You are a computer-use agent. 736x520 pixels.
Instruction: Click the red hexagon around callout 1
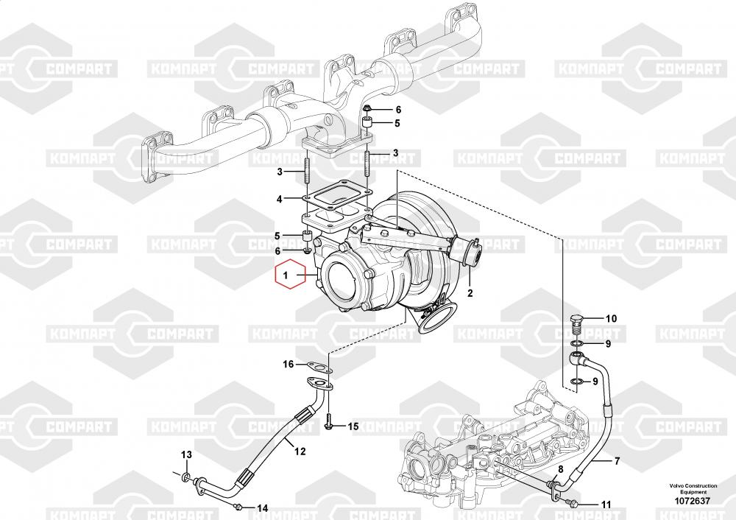(289, 277)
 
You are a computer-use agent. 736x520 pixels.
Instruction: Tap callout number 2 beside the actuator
(470, 292)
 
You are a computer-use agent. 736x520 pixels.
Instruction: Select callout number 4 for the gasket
(280, 199)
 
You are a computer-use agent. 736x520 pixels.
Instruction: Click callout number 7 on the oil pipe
(617, 461)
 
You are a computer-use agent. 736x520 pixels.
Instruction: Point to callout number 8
(560, 469)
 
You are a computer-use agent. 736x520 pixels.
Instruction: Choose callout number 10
(611, 319)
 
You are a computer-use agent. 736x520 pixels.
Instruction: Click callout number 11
(606, 505)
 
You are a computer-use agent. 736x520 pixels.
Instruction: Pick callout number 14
(263, 507)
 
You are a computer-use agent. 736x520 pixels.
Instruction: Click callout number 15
(353, 426)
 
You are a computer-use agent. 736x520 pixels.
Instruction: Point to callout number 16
(289, 364)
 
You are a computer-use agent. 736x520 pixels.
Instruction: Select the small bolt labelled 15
(329, 422)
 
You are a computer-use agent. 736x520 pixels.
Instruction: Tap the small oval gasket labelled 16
(319, 364)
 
